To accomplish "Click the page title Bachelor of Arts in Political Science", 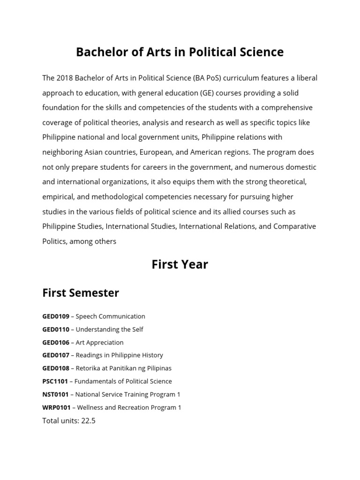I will pos(180,52).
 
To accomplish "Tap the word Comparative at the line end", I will pos(295,226).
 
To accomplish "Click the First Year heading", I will pos(180,265).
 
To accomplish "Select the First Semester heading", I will pos(81,293).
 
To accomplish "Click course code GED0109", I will pos(55,316).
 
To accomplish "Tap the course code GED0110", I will pos(55,330).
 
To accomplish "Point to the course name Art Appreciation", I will pos(99,343).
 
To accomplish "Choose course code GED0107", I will pos(55,355).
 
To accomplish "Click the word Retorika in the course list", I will pos(89,368).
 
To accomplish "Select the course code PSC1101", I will pos(55,382).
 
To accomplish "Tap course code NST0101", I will pos(55,395).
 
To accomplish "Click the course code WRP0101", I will pos(56,407).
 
